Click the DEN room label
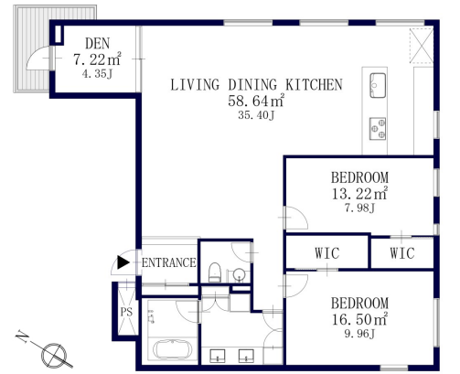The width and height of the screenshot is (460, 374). click(x=97, y=44)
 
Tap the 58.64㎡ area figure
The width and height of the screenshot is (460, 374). click(x=256, y=101)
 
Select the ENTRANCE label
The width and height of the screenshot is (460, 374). click(x=169, y=262)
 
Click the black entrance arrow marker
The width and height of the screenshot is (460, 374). click(x=123, y=262)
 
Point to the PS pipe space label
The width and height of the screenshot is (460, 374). click(x=126, y=312)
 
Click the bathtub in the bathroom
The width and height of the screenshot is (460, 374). click(x=172, y=350)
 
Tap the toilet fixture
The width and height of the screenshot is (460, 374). click(x=215, y=272)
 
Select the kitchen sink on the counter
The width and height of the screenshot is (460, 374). click(x=378, y=85)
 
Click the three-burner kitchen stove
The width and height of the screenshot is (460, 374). click(x=378, y=129)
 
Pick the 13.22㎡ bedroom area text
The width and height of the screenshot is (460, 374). click(x=359, y=193)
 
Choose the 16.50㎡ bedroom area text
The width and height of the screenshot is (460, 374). click(x=359, y=319)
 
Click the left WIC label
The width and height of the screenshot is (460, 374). click(x=327, y=253)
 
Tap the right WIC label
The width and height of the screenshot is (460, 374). click(x=402, y=253)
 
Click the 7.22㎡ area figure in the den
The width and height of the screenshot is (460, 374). click(x=97, y=59)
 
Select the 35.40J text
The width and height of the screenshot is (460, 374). click(x=256, y=115)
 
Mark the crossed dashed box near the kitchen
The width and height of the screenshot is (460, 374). click(x=422, y=45)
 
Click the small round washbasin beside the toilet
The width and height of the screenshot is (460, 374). click(x=240, y=274)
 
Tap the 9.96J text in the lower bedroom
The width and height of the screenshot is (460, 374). click(x=359, y=334)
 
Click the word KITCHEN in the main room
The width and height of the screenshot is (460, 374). click(x=314, y=85)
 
